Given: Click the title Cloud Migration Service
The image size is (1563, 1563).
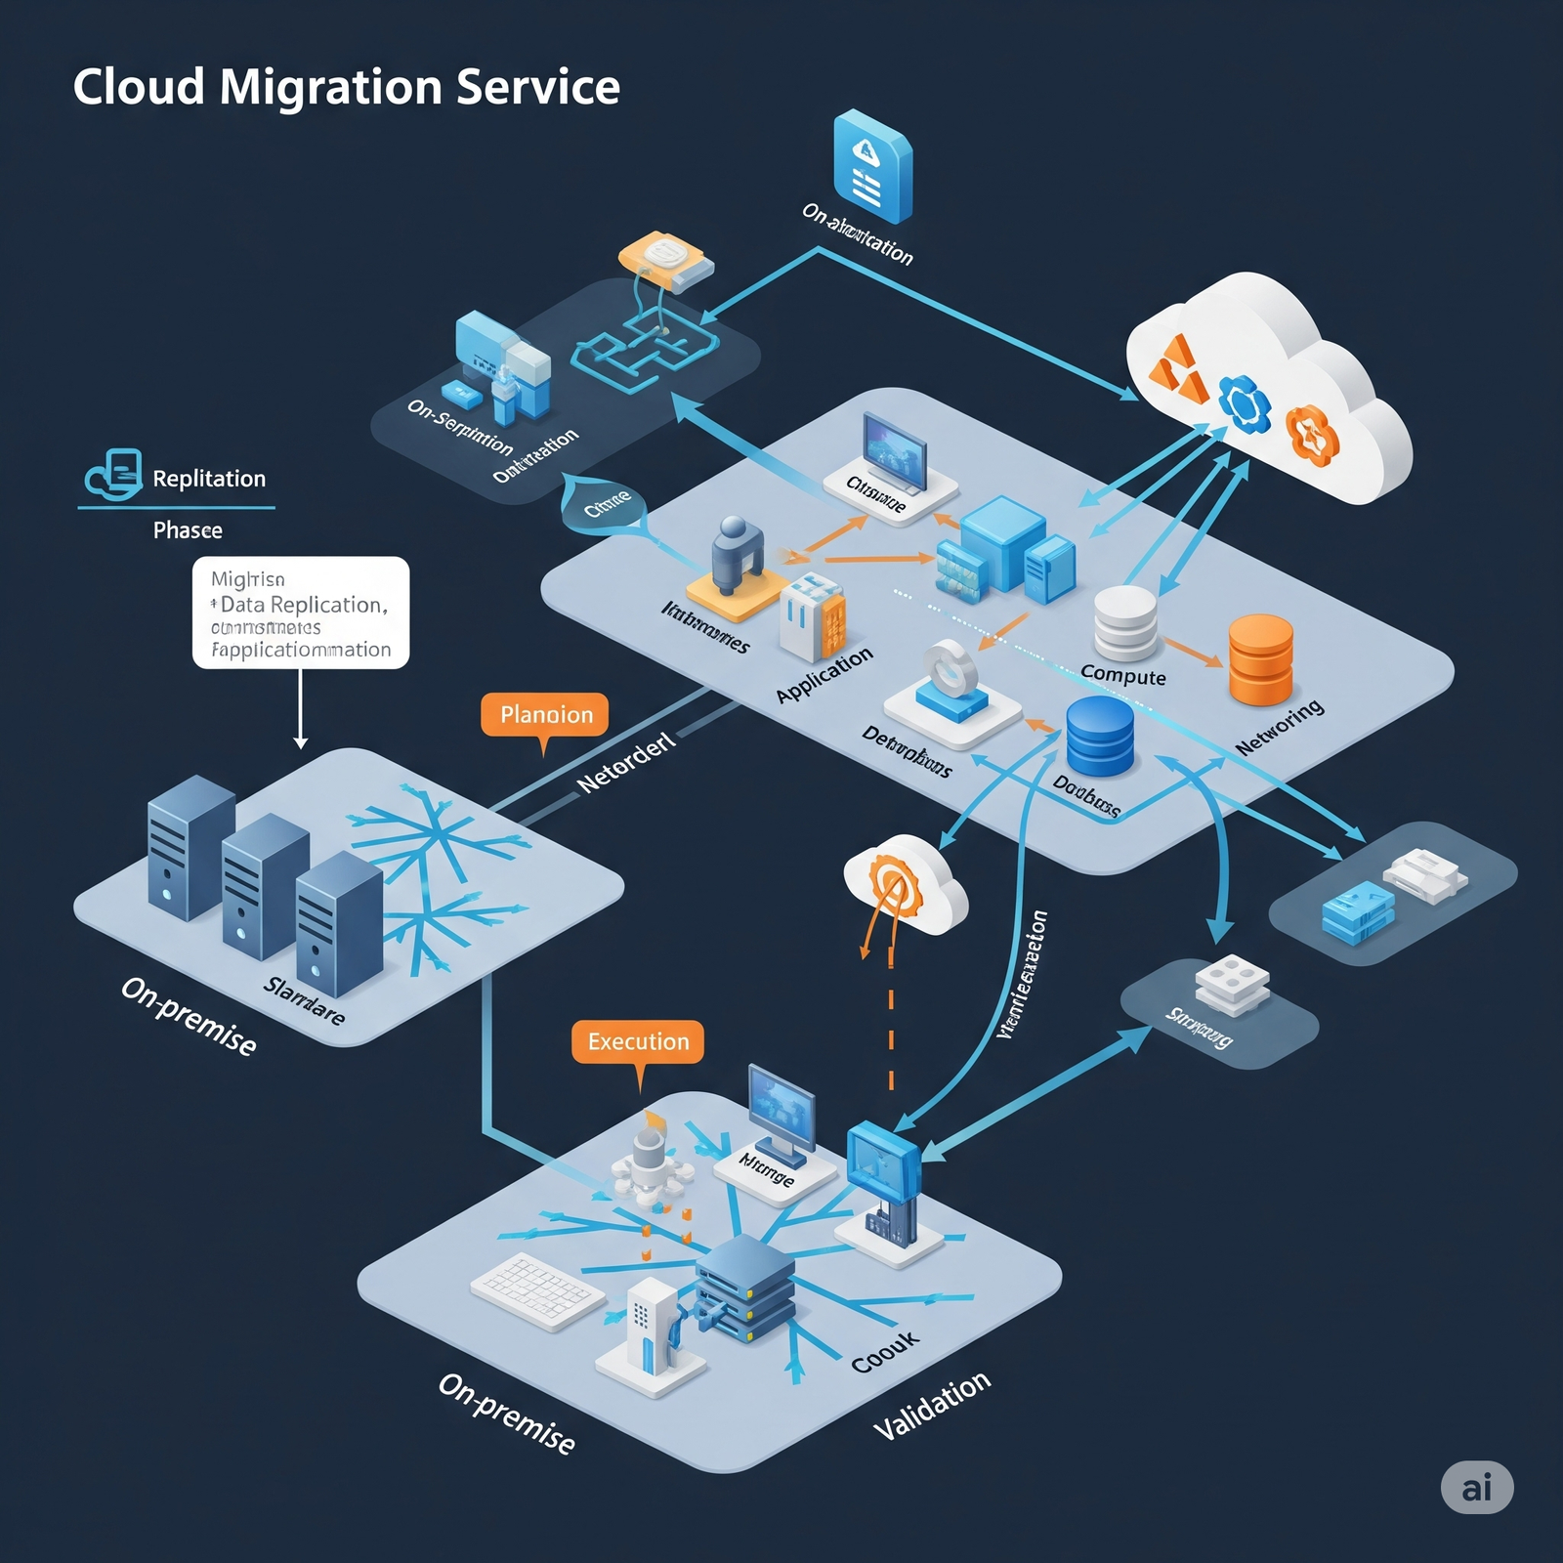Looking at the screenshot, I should [346, 87].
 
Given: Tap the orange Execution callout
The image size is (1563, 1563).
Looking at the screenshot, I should [638, 1042].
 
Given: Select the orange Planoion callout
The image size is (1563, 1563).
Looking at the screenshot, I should [545, 715].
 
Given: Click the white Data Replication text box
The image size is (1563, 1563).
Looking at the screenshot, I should [301, 613].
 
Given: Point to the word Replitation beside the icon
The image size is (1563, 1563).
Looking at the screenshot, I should [209, 479].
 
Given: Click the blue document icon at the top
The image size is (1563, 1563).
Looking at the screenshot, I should [871, 166].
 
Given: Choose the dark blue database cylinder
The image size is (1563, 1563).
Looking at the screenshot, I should [1100, 735].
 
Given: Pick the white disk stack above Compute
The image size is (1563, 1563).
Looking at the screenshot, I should [1125, 622].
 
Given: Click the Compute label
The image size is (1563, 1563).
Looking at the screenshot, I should [1123, 676].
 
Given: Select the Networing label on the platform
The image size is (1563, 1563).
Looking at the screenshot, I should [1280, 728].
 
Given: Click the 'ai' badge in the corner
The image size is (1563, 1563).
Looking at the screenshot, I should [1477, 1487].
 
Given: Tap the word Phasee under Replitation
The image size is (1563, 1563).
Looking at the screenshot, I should [188, 530].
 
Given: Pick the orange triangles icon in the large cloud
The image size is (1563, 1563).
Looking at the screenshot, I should [1179, 369].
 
